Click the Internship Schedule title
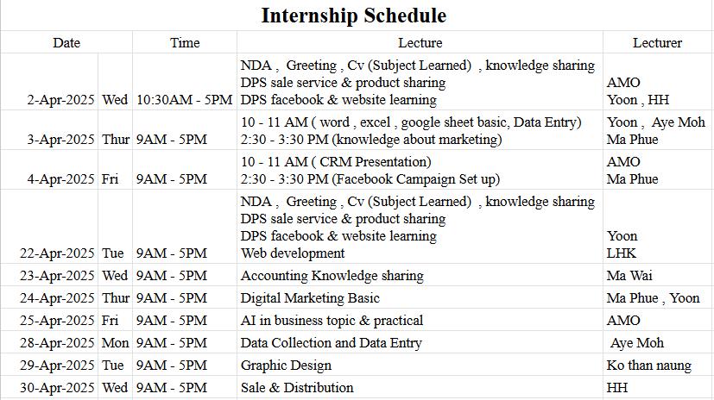(354, 16)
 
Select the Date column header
(66, 43)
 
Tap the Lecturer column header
(657, 43)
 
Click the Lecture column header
(420, 43)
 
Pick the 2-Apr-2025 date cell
(60, 99)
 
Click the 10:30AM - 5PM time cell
(185, 99)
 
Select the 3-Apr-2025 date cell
(60, 139)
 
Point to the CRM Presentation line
(336, 162)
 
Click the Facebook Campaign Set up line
(370, 179)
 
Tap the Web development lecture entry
(293, 253)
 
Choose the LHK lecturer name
(621, 253)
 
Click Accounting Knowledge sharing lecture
(332, 276)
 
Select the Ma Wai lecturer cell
(629, 276)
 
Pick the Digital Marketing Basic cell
(310, 298)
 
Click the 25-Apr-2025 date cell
(57, 321)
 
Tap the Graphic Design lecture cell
(286, 366)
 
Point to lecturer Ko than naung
(649, 366)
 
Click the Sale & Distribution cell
(297, 388)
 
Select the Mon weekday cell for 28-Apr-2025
(115, 343)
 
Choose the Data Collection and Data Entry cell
(331, 343)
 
